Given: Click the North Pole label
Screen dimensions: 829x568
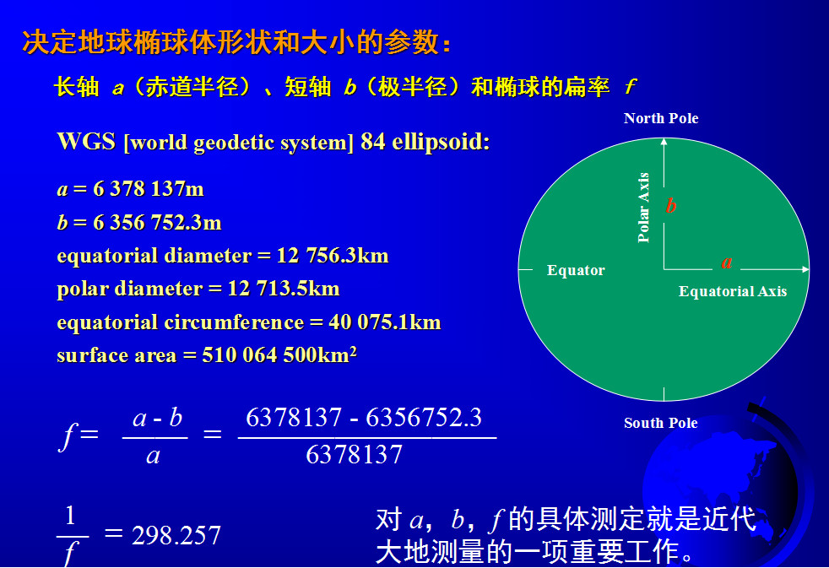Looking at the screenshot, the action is click(x=661, y=118).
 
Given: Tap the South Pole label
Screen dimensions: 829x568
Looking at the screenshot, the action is click(x=661, y=423).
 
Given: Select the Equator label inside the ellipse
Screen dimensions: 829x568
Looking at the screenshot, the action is click(x=576, y=270).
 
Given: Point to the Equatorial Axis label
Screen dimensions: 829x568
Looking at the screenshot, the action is click(x=733, y=291).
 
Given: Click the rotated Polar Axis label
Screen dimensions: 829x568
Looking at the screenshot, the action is click(x=643, y=207).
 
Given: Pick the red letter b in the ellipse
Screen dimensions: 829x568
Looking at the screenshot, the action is click(x=671, y=205).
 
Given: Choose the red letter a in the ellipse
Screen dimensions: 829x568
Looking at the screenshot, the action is click(x=727, y=262).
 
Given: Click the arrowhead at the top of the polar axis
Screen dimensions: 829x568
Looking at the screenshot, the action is click(x=664, y=141).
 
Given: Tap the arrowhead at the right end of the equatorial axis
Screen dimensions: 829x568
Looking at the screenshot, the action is click(x=805, y=269).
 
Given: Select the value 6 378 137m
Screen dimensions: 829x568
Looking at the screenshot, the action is click(x=149, y=188).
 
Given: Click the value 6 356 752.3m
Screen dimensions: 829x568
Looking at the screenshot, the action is click(x=158, y=223).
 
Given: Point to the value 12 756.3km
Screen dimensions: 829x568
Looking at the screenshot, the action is click(x=333, y=256).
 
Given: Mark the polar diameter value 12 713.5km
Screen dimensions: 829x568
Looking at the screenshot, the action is click(x=284, y=289).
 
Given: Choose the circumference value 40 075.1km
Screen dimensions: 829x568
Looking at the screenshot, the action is click(x=385, y=322).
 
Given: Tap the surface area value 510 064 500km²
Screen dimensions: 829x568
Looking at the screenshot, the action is click(x=279, y=354).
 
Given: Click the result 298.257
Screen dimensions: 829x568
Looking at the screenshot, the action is click(x=176, y=536).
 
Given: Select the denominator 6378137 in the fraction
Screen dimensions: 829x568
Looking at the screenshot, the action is click(x=355, y=454).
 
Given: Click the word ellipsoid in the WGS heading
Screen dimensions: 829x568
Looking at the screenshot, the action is click(x=441, y=142).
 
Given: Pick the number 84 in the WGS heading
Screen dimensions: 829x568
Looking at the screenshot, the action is click(x=373, y=142).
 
